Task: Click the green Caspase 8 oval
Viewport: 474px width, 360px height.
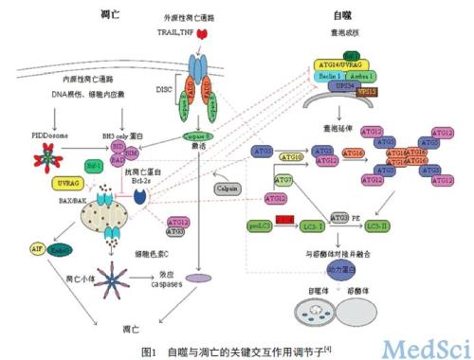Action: click(x=195, y=135)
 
